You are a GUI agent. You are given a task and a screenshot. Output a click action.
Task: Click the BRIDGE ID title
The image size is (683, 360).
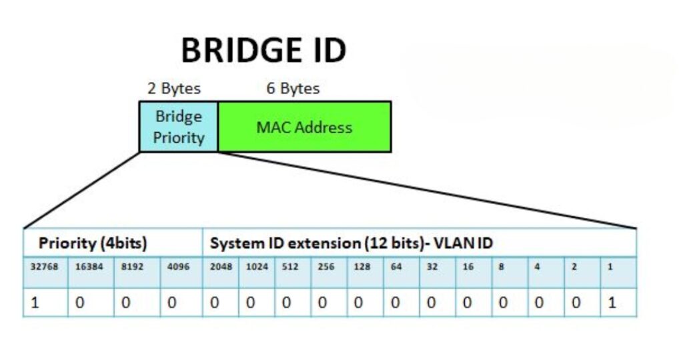pos(263,51)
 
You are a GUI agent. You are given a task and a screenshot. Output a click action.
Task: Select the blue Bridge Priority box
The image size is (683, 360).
pos(179,127)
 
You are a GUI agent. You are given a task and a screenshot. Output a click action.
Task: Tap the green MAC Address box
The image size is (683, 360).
pos(304,127)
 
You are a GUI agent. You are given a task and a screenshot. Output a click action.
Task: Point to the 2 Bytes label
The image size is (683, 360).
pos(173,88)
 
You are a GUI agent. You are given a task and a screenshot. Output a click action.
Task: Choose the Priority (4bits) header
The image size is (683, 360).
pos(93,243)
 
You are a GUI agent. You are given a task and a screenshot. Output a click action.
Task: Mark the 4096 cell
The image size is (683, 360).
pos(178,267)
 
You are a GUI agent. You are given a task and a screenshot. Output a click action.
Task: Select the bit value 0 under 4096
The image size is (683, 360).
pos(171,303)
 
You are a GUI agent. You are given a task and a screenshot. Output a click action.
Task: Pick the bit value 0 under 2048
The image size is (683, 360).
pos(215,303)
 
